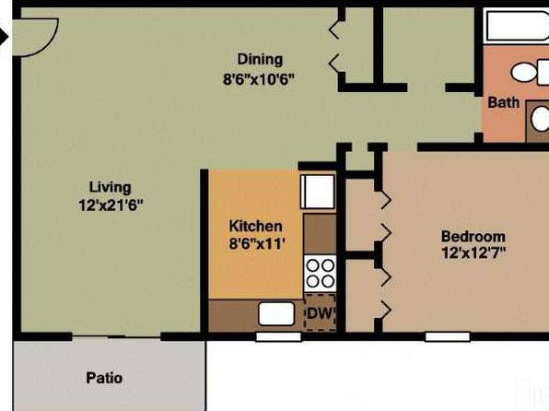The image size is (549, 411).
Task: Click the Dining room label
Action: click(260, 60)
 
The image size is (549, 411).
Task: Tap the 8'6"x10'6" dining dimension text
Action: click(259, 79)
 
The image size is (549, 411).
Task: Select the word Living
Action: click(111, 187)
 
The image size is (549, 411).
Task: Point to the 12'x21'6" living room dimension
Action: click(111, 205)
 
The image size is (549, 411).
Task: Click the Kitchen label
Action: click(255, 226)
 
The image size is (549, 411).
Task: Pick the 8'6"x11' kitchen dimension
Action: click(255, 243)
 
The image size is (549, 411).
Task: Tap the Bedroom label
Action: click(473, 237)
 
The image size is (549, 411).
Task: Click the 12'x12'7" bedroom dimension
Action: click(473, 252)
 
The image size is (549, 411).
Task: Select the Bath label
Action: click(504, 102)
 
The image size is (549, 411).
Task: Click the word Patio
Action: click(104, 378)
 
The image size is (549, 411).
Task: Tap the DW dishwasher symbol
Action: click(320, 313)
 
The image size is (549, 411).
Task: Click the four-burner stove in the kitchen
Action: click(320, 274)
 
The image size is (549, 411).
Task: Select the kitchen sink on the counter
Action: click(276, 313)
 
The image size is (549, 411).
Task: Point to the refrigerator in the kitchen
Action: click(318, 192)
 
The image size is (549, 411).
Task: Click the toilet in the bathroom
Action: click(529, 72)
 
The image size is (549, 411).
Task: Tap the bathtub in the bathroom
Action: click(517, 26)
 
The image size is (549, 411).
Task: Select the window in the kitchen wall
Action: click(279, 337)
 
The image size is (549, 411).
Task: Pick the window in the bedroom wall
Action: click(448, 337)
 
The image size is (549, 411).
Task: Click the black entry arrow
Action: click(4, 37)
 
